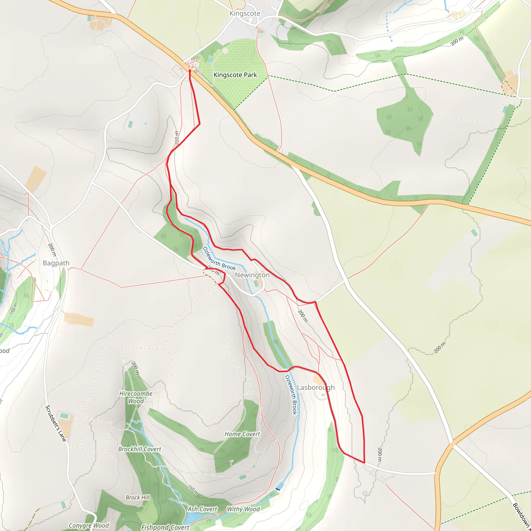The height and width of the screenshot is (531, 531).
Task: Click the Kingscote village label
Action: point(244,13)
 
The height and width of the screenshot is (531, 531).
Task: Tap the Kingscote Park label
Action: point(235,75)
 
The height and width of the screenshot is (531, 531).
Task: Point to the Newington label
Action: point(252,275)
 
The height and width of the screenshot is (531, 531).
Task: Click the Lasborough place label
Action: point(316,387)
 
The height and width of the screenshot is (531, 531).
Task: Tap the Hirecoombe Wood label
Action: point(136,397)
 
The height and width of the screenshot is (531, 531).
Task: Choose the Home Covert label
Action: point(242,434)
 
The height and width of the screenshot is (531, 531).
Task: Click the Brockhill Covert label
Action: point(140,449)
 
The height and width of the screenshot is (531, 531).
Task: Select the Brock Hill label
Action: point(138,498)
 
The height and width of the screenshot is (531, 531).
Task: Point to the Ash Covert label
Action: point(202,509)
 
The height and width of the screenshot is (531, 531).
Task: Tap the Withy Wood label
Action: point(243,509)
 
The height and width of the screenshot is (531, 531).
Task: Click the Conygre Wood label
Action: point(89,526)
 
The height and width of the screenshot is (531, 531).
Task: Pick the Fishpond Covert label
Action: point(165,527)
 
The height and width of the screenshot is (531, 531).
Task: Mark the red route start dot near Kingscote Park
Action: point(190,71)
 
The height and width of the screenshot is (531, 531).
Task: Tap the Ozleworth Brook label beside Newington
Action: point(219,258)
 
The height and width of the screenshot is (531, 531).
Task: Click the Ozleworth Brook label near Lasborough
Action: point(291,395)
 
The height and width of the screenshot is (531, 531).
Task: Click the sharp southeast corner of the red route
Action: point(365,463)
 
